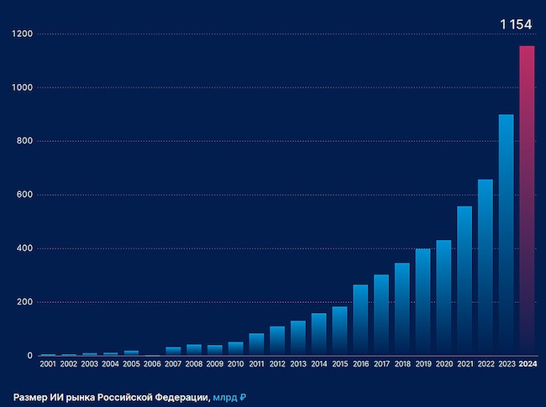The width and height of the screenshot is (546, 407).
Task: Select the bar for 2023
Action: [x=506, y=234]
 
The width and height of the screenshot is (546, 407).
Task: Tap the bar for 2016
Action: [x=360, y=320]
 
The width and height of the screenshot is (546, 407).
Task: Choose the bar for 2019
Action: [x=423, y=301]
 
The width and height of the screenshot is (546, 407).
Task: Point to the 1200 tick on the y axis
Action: [x=22, y=34]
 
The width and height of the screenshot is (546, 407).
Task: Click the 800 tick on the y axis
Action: [x=24, y=141]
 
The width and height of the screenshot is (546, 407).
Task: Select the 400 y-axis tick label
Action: [x=24, y=248]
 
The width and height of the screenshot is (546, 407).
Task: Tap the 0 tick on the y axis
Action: [x=29, y=356]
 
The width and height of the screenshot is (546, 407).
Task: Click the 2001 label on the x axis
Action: [x=48, y=365]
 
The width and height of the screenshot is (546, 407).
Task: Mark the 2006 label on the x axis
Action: [x=152, y=365]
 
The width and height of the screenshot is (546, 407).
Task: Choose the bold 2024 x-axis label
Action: [x=527, y=365]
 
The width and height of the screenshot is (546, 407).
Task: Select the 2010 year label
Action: [x=235, y=365]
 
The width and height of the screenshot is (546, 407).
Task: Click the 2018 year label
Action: [x=402, y=365]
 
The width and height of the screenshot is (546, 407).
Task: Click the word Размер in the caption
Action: [x=30, y=396]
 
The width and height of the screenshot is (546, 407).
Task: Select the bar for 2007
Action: [x=173, y=351]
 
